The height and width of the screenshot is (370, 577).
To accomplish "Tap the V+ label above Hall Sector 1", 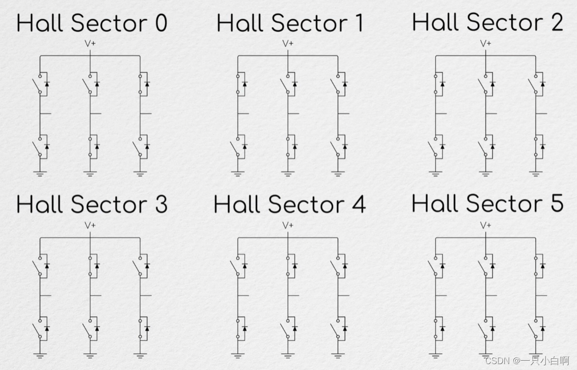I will pos(288,43).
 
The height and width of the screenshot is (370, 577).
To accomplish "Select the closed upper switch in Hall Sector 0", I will pos(140,84).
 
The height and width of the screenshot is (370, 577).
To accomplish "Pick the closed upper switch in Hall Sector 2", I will pos(435,84).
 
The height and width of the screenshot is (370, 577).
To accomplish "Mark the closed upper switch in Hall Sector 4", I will pos(288,265).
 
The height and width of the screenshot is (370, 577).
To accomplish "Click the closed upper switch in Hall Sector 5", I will pos(536,265).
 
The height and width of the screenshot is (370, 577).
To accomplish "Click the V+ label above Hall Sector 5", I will pos(486,225).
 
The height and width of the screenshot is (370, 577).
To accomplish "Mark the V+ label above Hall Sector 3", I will pos(90,225).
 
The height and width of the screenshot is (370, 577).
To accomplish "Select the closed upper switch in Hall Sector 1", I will pos(238,84).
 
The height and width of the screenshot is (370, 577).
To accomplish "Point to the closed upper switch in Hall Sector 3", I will pos(90,265).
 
